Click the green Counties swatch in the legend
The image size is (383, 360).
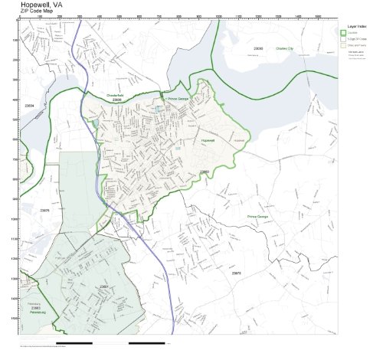coord(344,32)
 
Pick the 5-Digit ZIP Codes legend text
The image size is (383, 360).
coord(358,39)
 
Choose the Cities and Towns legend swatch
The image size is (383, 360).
coord(344,46)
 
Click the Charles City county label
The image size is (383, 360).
coord(285,48)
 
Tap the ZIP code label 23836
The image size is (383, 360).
coord(117,100)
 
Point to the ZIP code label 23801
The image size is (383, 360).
coord(103,286)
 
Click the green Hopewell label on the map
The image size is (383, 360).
coord(208,142)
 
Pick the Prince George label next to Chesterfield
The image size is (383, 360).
coord(177,98)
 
